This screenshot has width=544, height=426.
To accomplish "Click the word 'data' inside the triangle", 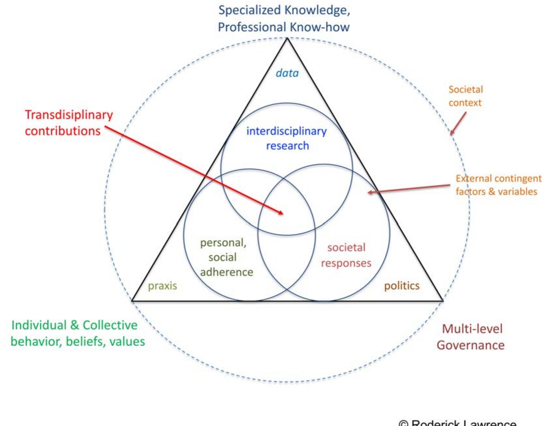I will pos(287,73).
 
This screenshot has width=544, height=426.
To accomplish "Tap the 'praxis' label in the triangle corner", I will pos(162,286).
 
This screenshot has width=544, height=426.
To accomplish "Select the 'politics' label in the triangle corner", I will pos(402,286).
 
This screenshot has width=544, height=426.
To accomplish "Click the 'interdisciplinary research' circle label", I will pos(286,138).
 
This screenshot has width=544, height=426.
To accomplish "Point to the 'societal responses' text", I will pos(346,255).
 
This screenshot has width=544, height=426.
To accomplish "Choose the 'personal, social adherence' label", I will pos(226,257).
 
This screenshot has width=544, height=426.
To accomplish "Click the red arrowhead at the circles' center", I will pos(281,213).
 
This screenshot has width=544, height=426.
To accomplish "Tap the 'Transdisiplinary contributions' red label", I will pos(69,123).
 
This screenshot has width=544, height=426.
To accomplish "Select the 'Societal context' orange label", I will pos(465,96).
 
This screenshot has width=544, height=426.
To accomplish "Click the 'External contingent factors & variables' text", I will pos(498,185).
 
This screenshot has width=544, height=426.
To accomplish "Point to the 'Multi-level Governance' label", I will pos(471,337).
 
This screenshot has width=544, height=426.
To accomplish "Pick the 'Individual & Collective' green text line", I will pos(74,325).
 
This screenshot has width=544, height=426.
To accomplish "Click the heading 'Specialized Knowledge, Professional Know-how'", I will pos(284,19).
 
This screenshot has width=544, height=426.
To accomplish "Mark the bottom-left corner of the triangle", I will pos(132,300).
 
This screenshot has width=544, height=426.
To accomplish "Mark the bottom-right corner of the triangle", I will pos(442,300).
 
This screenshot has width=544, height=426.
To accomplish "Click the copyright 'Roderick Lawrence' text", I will pos(457,423).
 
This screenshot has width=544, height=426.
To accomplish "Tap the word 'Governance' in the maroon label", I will pos(471,345).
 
